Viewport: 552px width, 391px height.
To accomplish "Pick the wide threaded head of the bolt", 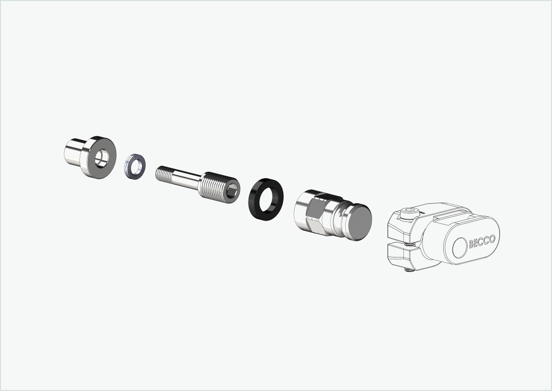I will coord(212,186).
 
